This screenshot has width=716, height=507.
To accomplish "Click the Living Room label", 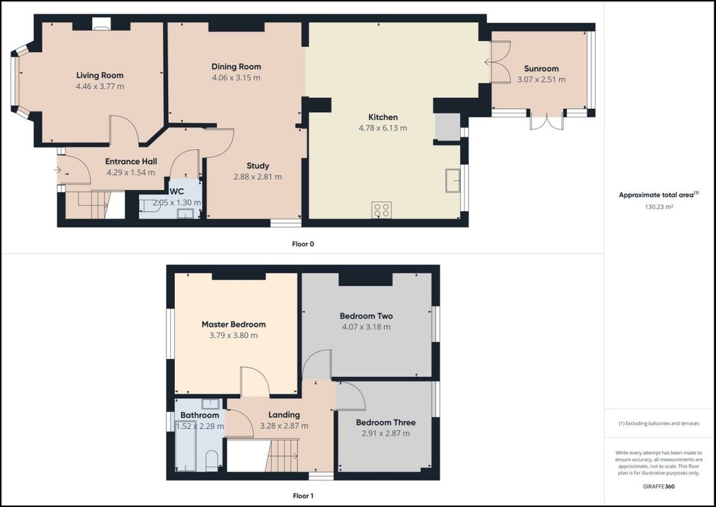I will (100, 75).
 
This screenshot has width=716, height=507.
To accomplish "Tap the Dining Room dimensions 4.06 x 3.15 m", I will (236, 77).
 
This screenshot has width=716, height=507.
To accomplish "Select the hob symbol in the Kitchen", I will (382, 210).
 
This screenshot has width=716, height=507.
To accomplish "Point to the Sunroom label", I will (541, 69).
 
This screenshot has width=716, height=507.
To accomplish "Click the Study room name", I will (257, 166).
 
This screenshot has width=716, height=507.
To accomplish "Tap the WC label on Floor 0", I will (177, 191).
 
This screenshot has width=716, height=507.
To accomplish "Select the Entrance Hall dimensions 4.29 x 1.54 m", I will (131, 173).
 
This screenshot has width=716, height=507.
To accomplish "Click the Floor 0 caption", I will (303, 244).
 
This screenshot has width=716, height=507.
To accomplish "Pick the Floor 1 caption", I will (303, 495).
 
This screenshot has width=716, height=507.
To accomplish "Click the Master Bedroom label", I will (234, 324).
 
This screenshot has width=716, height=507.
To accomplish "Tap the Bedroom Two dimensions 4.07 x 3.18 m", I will (366, 327).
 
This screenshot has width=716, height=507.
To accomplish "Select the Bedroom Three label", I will (385, 422).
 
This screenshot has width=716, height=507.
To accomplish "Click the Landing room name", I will (284, 415).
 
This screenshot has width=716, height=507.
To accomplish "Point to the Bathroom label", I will (199, 415).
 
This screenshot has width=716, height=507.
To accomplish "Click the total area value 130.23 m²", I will (659, 207).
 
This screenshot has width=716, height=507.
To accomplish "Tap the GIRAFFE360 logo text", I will (658, 487).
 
